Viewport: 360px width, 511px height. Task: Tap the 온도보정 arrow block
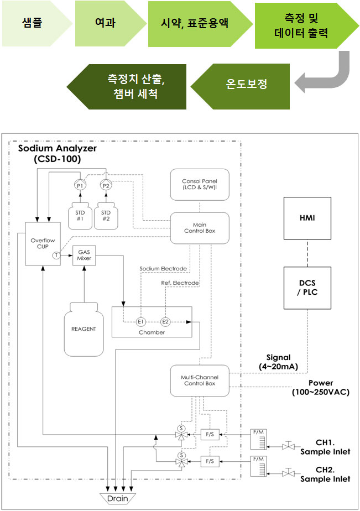pyautogui.click(x=241, y=86)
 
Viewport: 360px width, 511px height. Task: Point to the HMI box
pyautogui.click(x=307, y=218)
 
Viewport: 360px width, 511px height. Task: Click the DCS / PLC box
pyautogui.click(x=307, y=288)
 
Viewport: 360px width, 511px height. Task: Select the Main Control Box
pyautogui.click(x=200, y=228)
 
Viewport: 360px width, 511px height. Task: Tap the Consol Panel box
pyautogui.click(x=200, y=185)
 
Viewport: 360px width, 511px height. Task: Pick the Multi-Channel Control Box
pyautogui.click(x=200, y=380)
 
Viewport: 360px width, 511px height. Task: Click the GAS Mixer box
pyautogui.click(x=84, y=255)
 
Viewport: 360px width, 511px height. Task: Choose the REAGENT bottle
pyautogui.click(x=84, y=329)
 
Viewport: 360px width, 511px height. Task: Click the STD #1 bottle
pyautogui.click(x=80, y=216)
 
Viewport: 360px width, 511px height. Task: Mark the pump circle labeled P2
pyautogui.click(x=106, y=186)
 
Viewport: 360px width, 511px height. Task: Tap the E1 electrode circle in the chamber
pyautogui.click(x=140, y=322)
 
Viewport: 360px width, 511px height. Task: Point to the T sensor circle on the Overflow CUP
pyautogui.click(x=56, y=255)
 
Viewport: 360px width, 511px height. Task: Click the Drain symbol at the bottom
pyautogui.click(x=118, y=498)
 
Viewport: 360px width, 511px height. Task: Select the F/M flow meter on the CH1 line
pyautogui.click(x=259, y=439)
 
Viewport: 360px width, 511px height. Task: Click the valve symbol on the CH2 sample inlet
pyautogui.click(x=288, y=472)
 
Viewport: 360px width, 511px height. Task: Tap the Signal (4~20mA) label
pyautogui.click(x=279, y=362)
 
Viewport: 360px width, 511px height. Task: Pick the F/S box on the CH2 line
pyautogui.click(x=210, y=461)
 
